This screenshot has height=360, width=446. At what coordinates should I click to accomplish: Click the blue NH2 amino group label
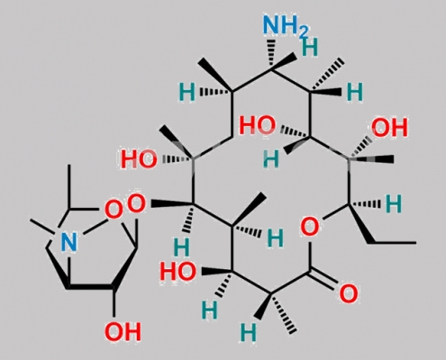tap(286, 24)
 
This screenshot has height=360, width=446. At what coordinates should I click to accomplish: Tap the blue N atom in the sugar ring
tap(68, 242)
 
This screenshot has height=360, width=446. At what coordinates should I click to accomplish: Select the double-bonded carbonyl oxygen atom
tap(349, 293)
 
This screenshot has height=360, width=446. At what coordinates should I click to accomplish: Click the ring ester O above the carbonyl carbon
tap(310, 227)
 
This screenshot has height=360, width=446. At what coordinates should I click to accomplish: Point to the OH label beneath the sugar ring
tap(123, 332)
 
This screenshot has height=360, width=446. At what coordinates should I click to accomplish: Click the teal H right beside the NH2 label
tap(310, 47)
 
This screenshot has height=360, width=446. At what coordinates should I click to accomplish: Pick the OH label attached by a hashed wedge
tap(389, 128)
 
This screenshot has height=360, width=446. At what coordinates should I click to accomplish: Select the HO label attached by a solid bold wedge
tap(177, 271)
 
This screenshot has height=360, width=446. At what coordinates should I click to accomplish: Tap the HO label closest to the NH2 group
tap(258, 126)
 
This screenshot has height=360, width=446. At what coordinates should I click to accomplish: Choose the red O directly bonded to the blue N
tap(114, 209)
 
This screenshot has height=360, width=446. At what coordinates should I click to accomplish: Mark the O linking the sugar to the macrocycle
tap(137, 204)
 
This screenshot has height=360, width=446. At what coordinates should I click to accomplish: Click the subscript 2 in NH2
tap(304, 31)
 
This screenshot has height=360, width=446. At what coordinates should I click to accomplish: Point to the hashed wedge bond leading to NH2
tap(271, 54)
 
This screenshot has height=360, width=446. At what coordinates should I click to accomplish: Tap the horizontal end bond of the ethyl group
tap(393, 242)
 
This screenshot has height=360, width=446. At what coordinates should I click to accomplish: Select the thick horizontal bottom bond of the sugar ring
tap(90, 287)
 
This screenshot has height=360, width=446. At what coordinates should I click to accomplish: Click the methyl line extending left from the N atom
tap(42, 226)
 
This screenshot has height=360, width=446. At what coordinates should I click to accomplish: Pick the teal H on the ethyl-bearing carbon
tap(394, 204)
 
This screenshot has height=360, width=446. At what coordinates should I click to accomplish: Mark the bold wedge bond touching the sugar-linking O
tap(171, 204)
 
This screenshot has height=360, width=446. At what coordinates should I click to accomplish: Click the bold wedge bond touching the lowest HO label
tap(216, 271)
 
